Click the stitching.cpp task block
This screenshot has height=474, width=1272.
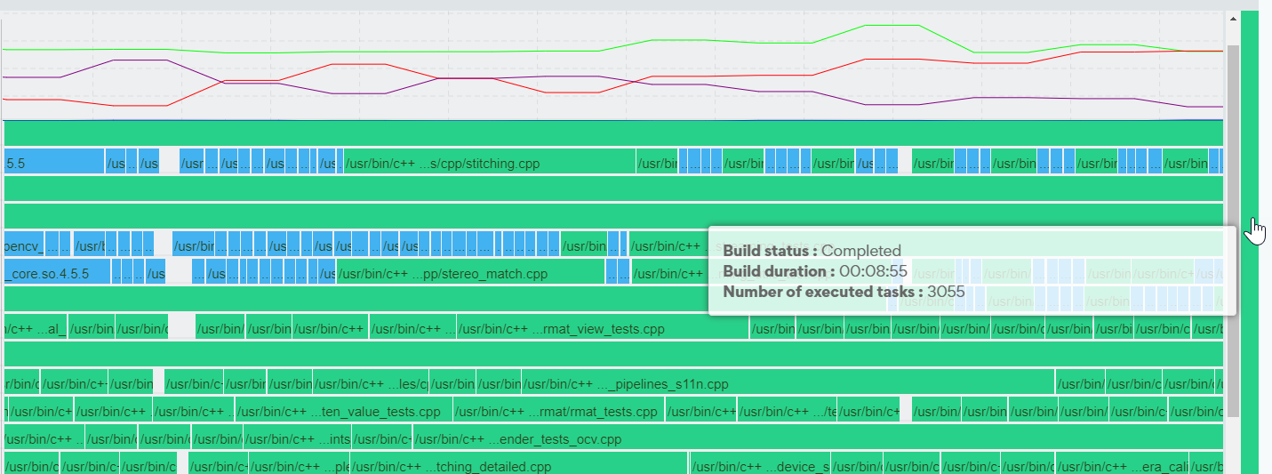489,164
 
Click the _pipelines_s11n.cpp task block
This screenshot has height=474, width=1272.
788,384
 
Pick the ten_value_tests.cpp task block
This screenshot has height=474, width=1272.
343,412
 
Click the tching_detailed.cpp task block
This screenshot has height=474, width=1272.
518,467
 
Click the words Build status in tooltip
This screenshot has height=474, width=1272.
770,251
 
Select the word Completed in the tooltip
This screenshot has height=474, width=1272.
860,251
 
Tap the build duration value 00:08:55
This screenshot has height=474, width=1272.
873,271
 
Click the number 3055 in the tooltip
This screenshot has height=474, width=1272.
946,291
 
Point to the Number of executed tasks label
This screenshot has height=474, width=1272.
822,291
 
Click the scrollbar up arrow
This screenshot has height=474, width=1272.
1233,19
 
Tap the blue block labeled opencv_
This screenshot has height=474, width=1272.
24,245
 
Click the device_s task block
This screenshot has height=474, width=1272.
760,467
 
